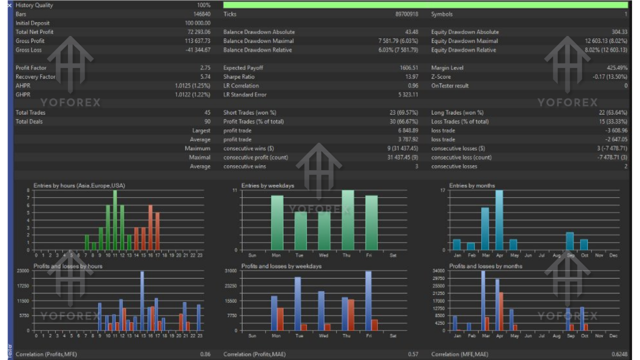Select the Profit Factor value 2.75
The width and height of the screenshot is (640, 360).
[205, 68]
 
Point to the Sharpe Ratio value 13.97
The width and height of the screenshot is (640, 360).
[411, 77]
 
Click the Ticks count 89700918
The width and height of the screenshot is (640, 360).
[406, 14]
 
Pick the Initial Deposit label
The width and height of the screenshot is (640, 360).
[32, 23]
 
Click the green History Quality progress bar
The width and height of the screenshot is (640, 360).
[425, 5]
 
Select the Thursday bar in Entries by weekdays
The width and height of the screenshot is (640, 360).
[347, 220]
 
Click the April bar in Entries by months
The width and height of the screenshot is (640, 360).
[499, 220]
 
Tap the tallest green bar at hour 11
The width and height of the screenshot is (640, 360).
[115, 220]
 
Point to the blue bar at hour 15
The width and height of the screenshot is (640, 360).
[142, 300]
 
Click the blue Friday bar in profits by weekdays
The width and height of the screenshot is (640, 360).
[368, 300]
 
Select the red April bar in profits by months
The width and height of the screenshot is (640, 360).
[501, 311]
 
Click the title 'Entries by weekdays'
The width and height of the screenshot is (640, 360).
[267, 185]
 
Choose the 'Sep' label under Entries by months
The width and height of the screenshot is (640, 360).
[570, 255]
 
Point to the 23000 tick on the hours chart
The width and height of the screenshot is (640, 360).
[23, 270]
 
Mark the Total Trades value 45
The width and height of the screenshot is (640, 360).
[207, 113]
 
